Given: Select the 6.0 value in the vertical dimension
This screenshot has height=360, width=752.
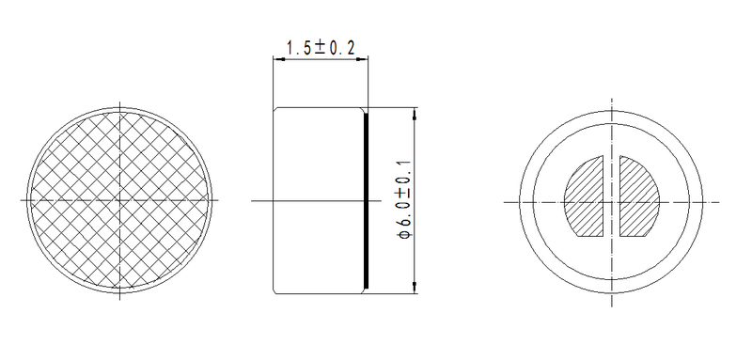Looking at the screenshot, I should pos(401,211).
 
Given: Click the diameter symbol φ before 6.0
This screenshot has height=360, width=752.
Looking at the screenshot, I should pos(401,232).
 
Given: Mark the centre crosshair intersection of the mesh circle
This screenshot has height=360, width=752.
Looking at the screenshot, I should pos(121,200).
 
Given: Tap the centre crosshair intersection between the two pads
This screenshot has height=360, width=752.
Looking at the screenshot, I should pos(613,200).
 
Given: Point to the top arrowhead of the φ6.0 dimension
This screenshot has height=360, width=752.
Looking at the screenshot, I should pos(415,112).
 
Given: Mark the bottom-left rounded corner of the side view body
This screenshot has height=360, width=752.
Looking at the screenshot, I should pos(275,290).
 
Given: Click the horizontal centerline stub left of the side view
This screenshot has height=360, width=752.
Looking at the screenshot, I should pos(262,200).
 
